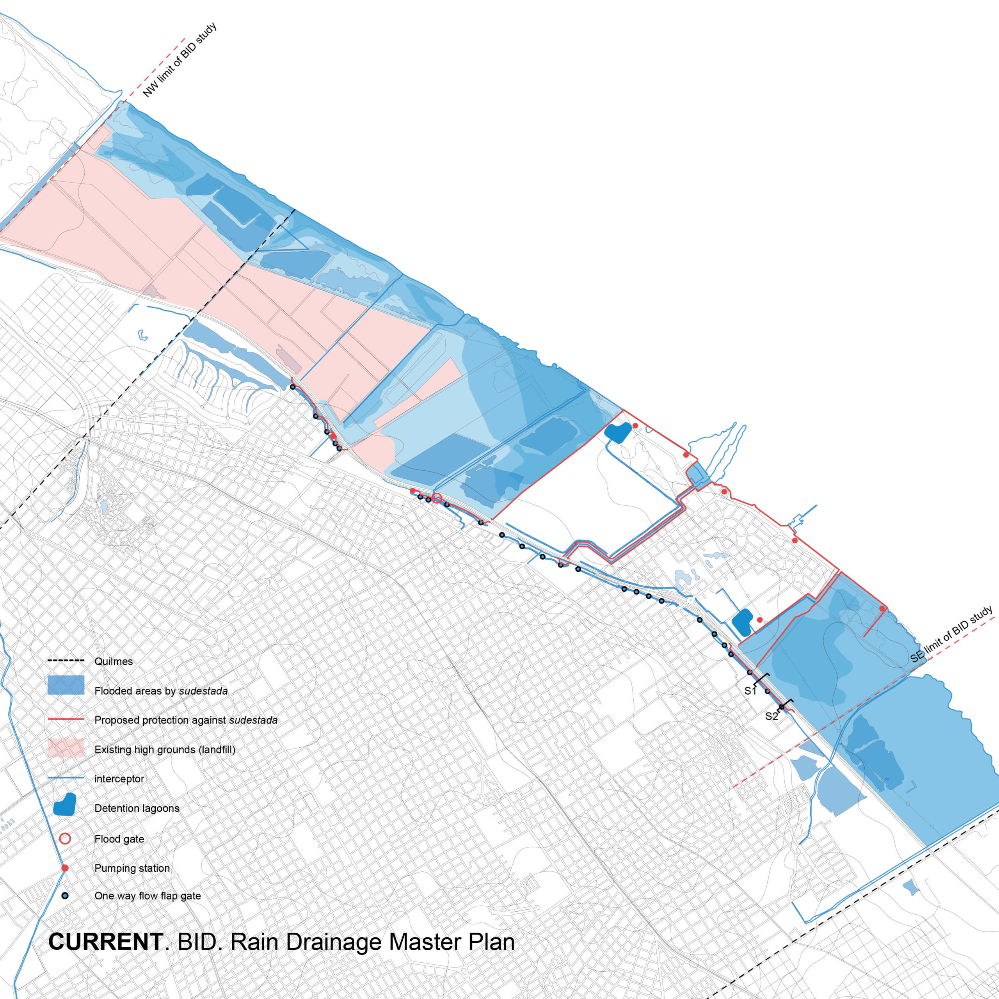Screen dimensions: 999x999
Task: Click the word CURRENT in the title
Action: click(106, 942)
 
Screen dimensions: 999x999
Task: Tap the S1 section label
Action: click(750, 691)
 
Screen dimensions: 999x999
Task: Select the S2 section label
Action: click(771, 716)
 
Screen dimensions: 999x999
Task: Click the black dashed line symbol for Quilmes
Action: click(66, 661)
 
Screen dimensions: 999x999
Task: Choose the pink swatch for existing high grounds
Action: click(66, 748)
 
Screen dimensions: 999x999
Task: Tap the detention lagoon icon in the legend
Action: click(65, 805)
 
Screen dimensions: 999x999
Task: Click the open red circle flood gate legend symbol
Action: click(65, 839)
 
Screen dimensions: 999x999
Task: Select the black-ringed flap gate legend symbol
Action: click(65, 896)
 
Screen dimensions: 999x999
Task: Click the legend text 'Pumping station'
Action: click(132, 868)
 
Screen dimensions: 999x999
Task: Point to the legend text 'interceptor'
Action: click(119, 779)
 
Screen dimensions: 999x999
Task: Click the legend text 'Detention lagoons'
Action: click(137, 808)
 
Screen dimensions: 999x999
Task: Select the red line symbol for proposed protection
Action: click(66, 719)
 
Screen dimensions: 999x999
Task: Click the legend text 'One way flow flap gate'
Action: click(148, 896)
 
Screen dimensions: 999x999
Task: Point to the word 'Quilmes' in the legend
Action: click(113, 661)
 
